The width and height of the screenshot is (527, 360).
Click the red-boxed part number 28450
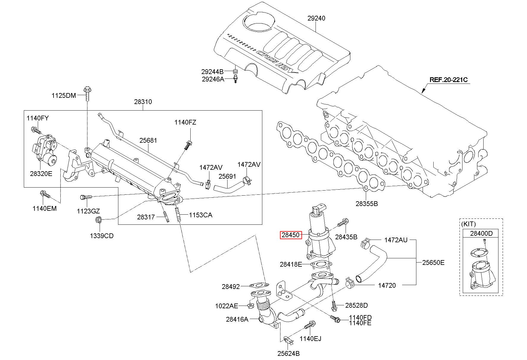291,235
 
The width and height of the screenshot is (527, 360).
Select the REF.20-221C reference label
449,80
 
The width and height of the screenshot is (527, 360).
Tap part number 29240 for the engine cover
316,18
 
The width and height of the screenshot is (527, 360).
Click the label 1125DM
64,95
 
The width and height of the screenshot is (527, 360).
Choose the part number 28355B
367,204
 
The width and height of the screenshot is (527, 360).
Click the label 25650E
434,262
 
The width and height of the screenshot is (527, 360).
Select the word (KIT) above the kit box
469,224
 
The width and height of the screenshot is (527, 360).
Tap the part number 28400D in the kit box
481,233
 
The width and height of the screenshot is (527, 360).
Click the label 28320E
41,174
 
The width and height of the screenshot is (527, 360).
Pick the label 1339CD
102,236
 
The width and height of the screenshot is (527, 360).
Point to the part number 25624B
288,353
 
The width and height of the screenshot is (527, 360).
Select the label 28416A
237,319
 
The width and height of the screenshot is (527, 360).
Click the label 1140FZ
185,122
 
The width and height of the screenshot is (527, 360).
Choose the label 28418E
291,264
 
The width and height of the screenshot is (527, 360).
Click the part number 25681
148,140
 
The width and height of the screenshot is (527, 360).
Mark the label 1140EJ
310,339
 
